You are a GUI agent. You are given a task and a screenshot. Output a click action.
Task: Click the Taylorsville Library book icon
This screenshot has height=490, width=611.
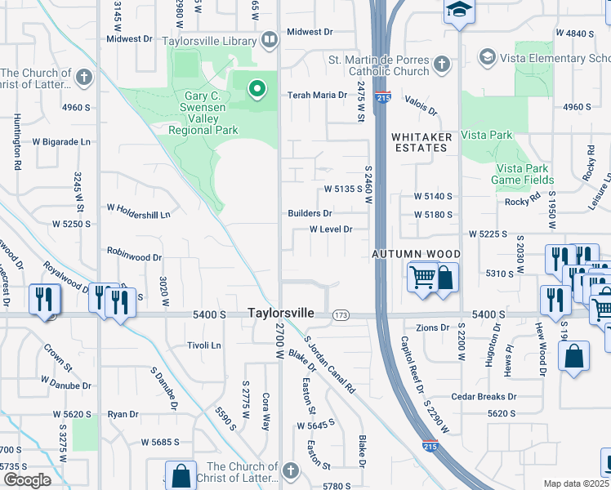point(269,40)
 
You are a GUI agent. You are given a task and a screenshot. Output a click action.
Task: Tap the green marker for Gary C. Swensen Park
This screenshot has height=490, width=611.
point(257,88)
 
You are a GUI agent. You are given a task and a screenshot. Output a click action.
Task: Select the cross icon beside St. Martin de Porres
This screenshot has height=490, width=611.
point(442,64)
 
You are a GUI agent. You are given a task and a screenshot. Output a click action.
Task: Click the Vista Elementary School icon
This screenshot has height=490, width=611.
point(488,56)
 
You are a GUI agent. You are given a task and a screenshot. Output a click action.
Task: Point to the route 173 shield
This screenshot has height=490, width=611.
point(341,314)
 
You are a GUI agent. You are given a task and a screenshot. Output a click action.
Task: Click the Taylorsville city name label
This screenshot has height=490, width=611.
point(280,313)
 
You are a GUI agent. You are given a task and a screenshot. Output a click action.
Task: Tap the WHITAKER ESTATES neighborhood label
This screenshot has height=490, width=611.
point(419,142)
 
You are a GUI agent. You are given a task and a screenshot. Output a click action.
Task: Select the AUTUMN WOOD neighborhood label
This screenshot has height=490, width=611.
point(417,255)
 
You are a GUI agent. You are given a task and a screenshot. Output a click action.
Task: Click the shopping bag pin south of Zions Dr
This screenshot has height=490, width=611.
point(574,356)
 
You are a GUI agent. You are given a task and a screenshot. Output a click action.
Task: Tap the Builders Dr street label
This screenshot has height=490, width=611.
point(310,213)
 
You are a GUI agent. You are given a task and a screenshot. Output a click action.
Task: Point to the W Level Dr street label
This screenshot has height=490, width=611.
point(331,229)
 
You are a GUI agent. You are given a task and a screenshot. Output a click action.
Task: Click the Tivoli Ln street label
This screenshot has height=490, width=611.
point(204,345)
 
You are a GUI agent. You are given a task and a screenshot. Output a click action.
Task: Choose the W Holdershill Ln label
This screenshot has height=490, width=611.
point(139,215)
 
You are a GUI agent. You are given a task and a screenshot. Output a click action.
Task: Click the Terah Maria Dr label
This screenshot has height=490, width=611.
point(317,95)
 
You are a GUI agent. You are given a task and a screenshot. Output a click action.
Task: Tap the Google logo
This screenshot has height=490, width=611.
point(27,480)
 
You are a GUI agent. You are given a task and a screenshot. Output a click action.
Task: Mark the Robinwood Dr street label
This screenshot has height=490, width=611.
point(134,256)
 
